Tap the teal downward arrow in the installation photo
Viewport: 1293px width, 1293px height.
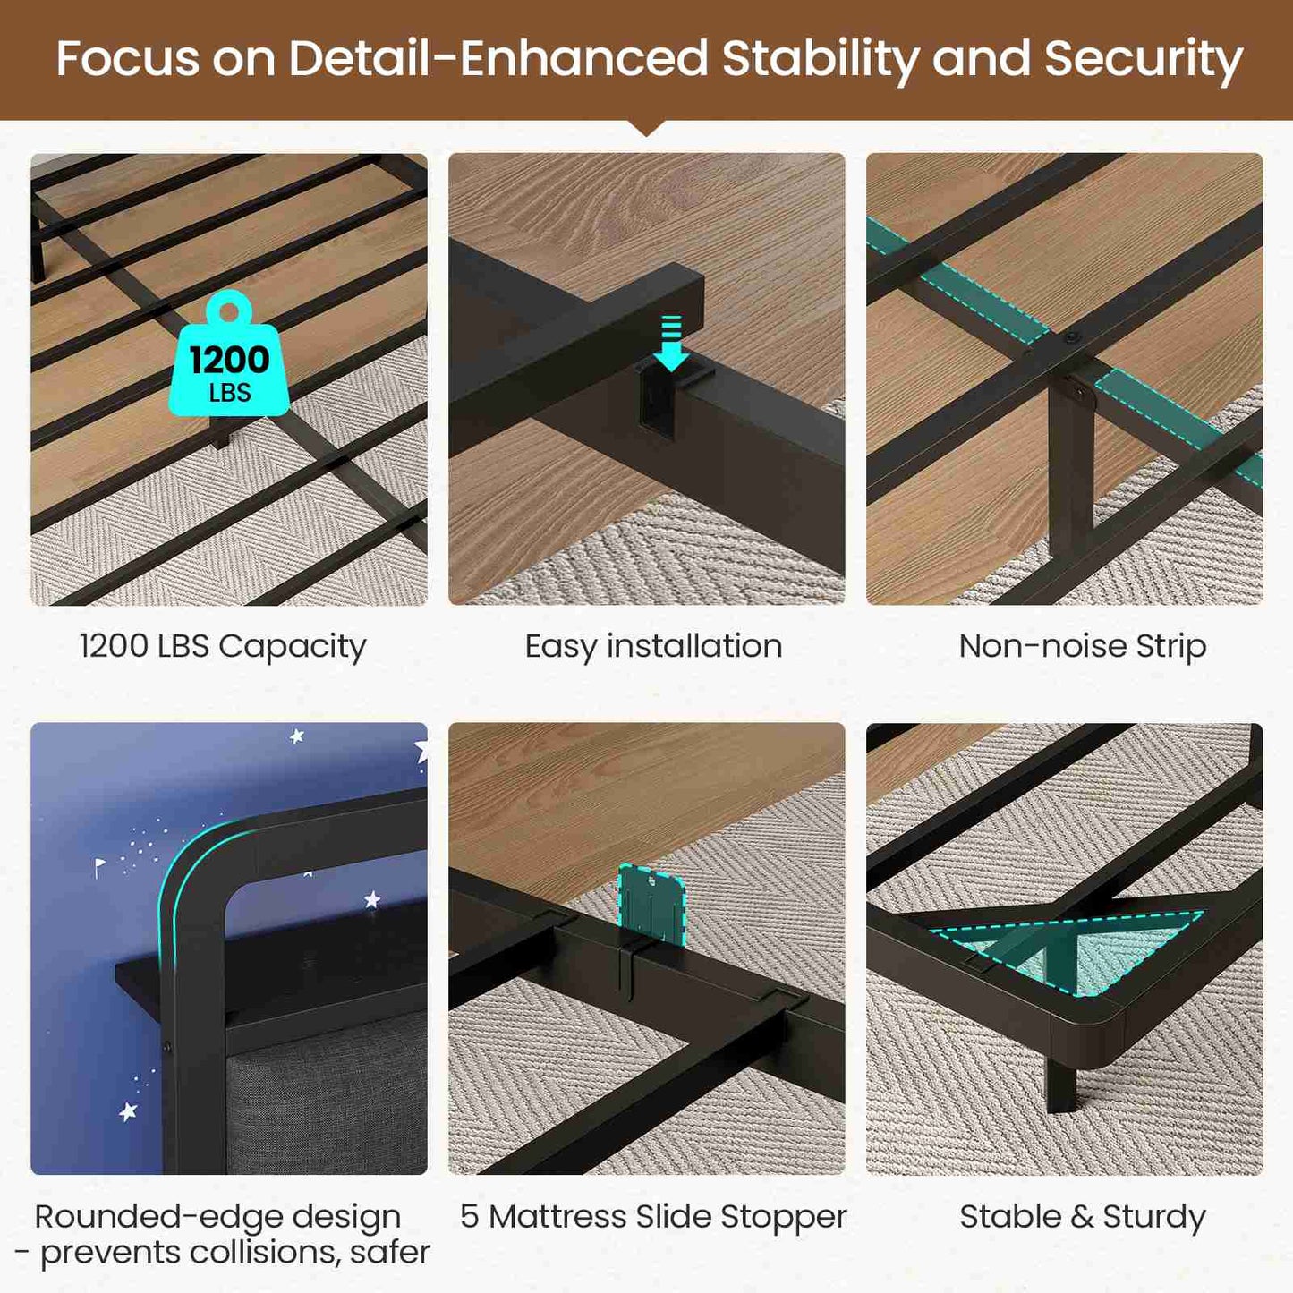(670, 343)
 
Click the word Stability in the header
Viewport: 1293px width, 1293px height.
(820, 60)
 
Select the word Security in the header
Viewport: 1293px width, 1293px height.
(1144, 60)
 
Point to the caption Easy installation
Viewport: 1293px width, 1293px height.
(653, 647)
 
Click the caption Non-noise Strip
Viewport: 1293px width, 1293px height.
(1083, 646)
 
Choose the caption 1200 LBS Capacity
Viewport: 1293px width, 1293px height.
(223, 647)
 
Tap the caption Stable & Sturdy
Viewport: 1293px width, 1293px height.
(1083, 1217)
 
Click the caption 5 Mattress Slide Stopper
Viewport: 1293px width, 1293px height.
(653, 1217)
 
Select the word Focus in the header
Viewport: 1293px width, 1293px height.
(127, 59)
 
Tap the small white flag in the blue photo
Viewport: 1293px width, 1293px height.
(100, 867)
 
